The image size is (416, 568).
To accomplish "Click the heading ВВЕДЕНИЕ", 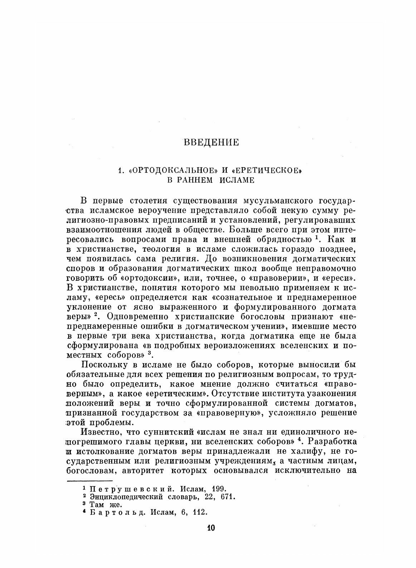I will [211, 143].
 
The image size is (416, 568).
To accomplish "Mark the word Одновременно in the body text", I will [139, 317].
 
